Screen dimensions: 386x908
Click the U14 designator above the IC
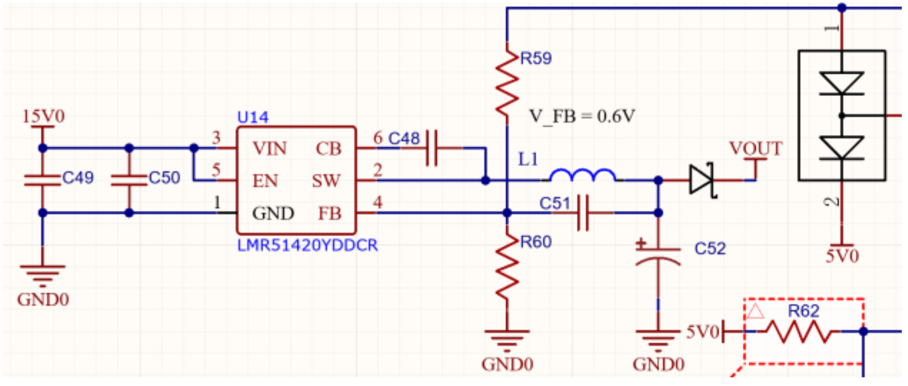252,117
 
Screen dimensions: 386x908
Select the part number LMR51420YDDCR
307,246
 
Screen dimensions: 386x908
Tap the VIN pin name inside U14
270,149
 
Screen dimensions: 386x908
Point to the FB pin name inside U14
330,214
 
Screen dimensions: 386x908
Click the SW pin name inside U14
326,181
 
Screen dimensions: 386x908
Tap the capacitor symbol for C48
432,148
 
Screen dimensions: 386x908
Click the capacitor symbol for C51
583,213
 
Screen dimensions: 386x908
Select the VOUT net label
756,149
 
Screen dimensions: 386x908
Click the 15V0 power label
43,117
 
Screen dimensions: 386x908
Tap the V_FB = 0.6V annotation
582,116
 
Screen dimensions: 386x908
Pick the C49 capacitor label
78,178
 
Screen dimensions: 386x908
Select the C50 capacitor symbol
129,180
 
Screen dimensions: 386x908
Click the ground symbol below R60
507,339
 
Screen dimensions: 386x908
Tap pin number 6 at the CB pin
378,138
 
